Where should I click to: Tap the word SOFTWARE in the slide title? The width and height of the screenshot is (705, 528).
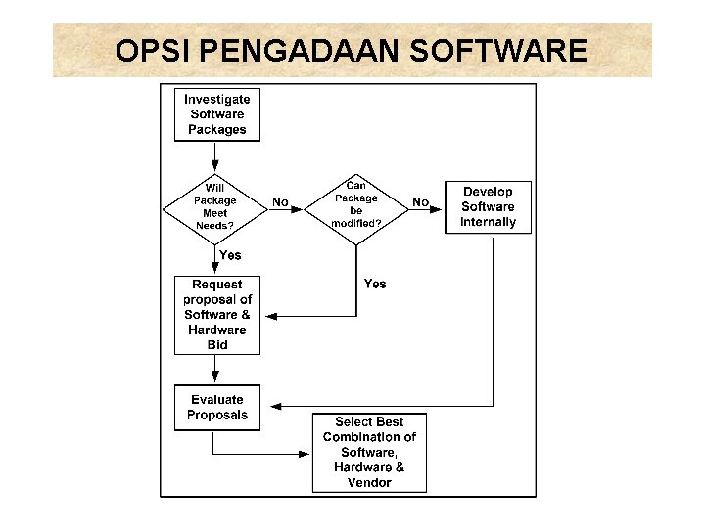tap(509, 51)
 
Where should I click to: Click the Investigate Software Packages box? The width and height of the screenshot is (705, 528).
tap(217, 114)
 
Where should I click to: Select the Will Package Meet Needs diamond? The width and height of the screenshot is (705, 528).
tap(215, 206)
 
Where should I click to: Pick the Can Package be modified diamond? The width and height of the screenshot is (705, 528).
tap(356, 204)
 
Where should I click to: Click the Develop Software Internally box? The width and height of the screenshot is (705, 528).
tap(488, 207)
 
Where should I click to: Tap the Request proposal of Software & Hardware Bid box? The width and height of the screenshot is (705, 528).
tap(217, 315)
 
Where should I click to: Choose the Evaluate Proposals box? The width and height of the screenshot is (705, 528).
tap(217, 408)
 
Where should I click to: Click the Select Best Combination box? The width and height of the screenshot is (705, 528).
tap(369, 453)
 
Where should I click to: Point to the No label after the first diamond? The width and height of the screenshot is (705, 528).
tap(280, 202)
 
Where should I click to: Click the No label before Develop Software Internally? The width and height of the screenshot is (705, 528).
tap(421, 202)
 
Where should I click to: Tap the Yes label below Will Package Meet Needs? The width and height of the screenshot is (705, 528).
tap(230, 255)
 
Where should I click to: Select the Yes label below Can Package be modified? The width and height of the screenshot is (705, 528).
tap(375, 284)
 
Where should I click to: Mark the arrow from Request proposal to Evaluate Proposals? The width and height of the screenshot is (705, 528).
tap(215, 370)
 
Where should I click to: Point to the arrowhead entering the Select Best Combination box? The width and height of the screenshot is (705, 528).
tap(305, 453)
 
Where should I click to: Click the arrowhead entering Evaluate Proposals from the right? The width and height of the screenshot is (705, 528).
tap(275, 405)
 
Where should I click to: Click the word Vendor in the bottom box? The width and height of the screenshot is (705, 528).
tap(369, 483)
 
